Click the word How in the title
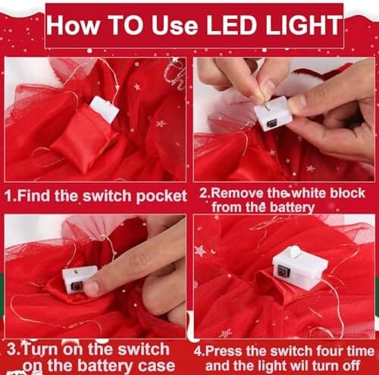[74, 25]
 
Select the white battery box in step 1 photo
[105, 110]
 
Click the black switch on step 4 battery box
[282, 271]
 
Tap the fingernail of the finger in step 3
[90, 289]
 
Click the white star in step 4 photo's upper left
[200, 251]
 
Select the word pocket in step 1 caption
[161, 196]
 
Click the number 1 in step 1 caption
[9, 196]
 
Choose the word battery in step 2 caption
[292, 208]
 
